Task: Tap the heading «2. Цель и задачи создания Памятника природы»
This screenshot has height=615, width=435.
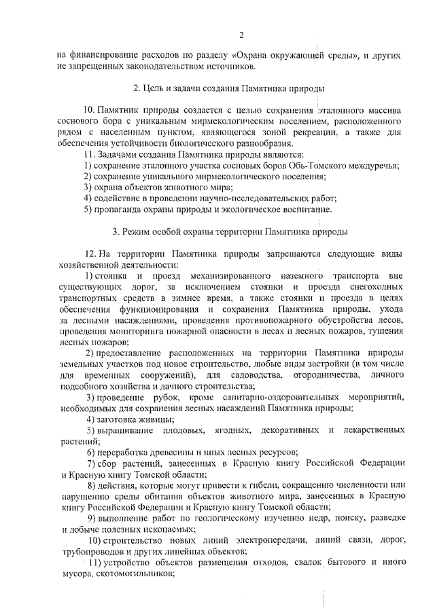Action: click(x=228, y=89)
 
